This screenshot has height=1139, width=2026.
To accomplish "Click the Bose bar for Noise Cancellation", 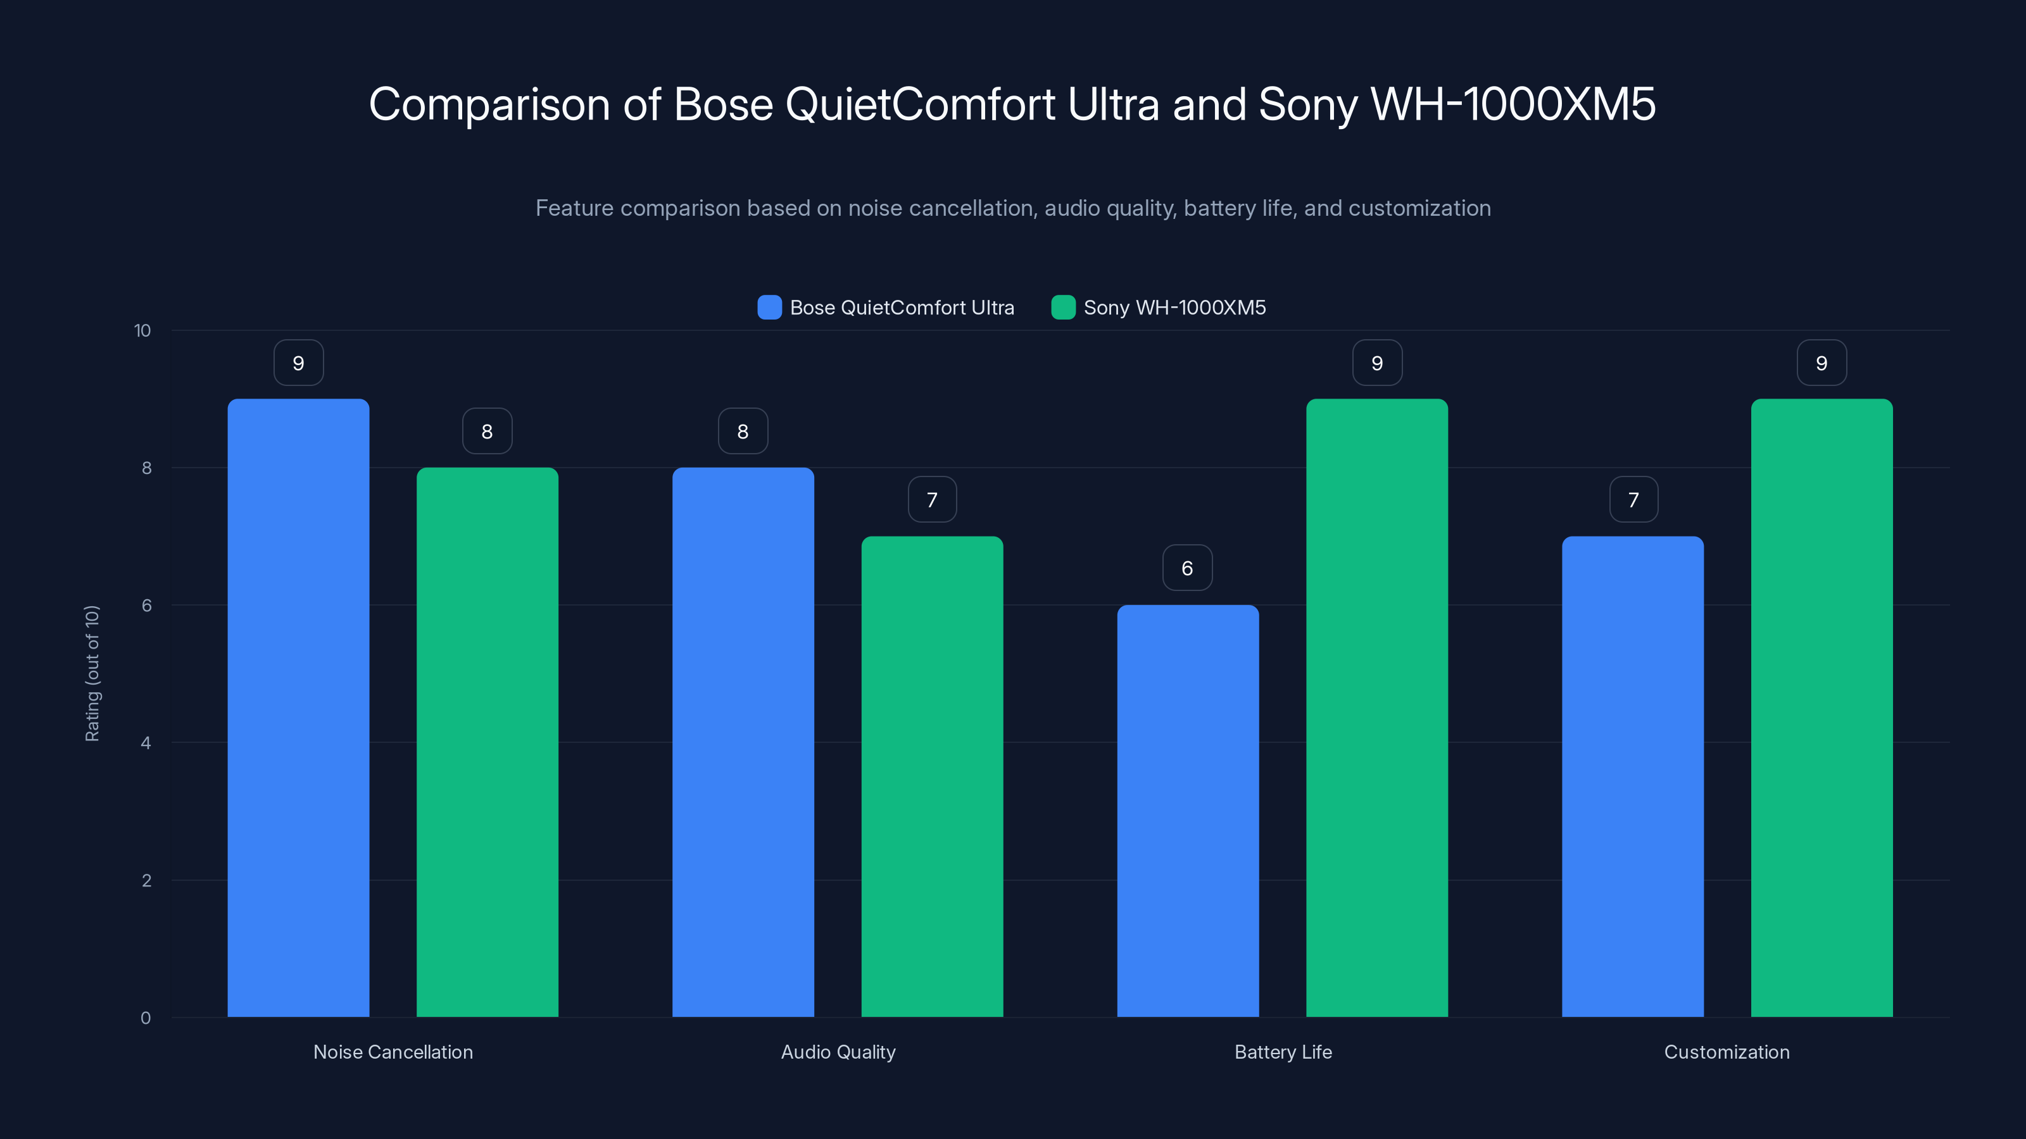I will point(298,707).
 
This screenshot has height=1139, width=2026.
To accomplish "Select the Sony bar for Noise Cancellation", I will point(487,742).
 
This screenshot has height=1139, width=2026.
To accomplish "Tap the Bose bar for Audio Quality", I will point(743,742).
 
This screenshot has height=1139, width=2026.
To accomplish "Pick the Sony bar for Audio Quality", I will point(932,776).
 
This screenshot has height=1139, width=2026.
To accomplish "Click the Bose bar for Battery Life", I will point(1188,811).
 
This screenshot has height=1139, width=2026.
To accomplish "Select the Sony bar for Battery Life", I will point(1376,707).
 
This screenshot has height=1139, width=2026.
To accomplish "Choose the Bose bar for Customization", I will point(1633,776).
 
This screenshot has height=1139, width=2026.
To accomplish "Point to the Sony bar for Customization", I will point(1822,707).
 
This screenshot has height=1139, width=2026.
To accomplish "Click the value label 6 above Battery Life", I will point(1188,568).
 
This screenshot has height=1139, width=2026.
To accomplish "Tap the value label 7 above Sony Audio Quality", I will point(932,499).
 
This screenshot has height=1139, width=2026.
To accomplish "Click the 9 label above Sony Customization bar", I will point(1822,363).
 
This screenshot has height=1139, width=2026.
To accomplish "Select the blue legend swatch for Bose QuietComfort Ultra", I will point(769,308).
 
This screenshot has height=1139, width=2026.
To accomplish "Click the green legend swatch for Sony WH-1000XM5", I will point(1064,308).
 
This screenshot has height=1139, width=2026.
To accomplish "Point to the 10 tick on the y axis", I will point(142,331).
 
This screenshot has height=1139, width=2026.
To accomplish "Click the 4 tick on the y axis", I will point(146,743).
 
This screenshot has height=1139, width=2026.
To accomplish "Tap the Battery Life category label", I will point(1283,1052).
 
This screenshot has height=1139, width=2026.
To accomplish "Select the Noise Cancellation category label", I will point(393,1052).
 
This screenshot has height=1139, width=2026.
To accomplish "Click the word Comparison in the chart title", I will point(489,104).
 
